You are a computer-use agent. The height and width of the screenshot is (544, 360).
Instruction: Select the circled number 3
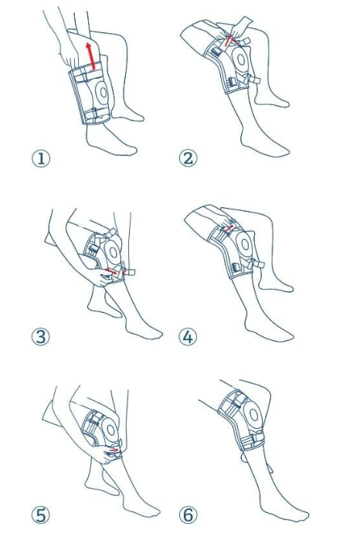coord(39,336)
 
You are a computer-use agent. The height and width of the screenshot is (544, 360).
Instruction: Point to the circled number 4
coord(188,336)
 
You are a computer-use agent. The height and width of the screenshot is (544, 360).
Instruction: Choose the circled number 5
coord(39,514)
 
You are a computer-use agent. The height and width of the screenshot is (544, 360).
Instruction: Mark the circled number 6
coord(188,514)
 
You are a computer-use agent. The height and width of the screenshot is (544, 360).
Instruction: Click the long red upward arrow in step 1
coord(92,59)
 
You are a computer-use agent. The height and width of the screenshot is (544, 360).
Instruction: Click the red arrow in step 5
coord(114,448)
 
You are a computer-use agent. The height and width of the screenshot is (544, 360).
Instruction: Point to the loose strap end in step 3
coord(130,273)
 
